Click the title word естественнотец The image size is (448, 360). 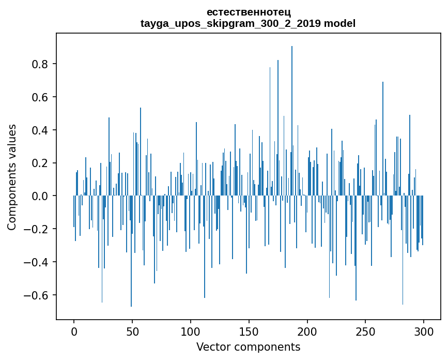point(248,12)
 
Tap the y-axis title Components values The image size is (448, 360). point(12,177)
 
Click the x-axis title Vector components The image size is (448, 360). point(248,347)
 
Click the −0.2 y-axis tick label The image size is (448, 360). point(37,230)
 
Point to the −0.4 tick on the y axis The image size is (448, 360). point(37,263)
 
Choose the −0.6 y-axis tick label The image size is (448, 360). point(37,295)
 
